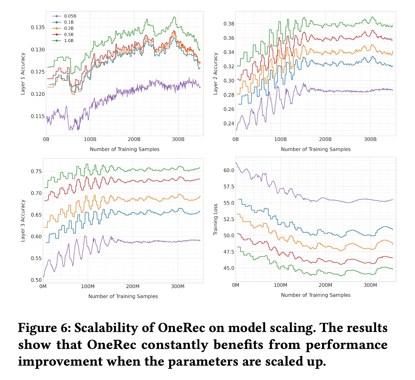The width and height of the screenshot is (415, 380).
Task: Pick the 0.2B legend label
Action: tap(69, 28)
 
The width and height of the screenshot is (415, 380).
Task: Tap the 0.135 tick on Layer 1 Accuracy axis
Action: tap(38, 27)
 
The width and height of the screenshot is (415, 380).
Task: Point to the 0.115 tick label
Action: tap(38, 116)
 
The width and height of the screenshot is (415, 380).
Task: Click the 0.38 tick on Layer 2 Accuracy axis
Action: tap(229, 24)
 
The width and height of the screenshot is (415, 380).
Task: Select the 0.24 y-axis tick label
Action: tap(229, 123)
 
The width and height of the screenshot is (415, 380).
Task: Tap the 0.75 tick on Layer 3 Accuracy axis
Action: tap(36, 172)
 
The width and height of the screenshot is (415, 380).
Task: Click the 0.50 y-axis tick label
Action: tap(36, 280)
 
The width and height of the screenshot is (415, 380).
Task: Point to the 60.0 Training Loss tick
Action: tap(229, 170)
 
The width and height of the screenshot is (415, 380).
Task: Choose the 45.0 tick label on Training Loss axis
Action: tap(229, 268)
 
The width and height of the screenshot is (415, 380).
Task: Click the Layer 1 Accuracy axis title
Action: tap(23, 74)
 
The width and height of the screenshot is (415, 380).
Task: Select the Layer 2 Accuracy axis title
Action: tap(215, 74)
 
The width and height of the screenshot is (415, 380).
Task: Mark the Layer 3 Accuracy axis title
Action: tap(23, 221)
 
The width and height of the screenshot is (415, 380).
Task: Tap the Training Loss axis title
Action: tap(215, 219)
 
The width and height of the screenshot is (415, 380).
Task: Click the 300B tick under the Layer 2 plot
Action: tap(370, 139)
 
